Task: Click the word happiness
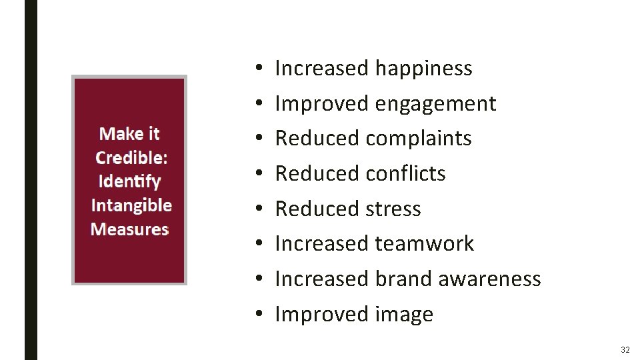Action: coord(423,69)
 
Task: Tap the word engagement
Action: coord(435,104)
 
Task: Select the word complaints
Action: coord(419,139)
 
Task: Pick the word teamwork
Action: coord(424,243)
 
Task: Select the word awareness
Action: coord(489,279)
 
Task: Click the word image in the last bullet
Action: coord(404,314)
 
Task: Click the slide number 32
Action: coord(625,350)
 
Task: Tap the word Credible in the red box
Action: coord(131,157)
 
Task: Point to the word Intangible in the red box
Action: coord(131,205)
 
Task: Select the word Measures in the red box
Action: coord(129,229)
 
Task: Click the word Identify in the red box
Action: coord(129,181)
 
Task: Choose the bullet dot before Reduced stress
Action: coord(257,209)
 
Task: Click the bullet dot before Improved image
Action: coord(257,314)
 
